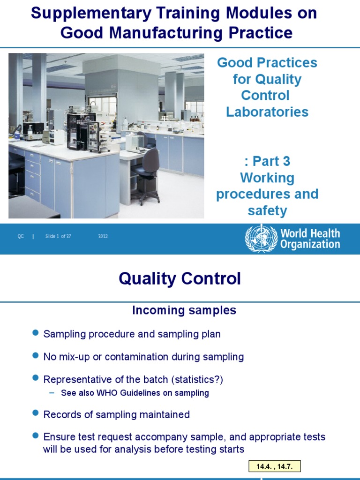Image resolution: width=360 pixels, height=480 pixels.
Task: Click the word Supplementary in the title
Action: point(91,14)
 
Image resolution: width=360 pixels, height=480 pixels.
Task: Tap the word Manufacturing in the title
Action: point(165,32)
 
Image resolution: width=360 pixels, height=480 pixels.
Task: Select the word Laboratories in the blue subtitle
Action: point(267,112)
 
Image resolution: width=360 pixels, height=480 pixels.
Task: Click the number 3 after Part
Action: point(286,161)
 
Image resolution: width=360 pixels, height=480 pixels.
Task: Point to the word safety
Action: point(267,211)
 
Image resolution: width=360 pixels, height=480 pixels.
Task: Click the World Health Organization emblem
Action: point(261,239)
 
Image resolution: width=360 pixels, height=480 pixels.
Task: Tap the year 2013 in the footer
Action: point(103,236)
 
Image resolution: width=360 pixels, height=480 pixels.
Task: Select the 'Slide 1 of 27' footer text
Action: point(58,236)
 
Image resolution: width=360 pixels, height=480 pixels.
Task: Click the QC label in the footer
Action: point(21,236)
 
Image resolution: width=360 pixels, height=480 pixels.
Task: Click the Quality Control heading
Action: point(180,278)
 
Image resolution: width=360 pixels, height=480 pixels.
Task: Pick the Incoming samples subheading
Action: point(184,310)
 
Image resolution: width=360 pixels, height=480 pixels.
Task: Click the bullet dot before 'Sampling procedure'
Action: point(36,332)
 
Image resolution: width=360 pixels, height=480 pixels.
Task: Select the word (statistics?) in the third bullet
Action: point(197,380)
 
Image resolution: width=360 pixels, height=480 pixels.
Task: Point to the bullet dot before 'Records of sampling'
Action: point(36,413)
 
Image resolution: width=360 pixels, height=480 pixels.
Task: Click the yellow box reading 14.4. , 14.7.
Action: point(275,466)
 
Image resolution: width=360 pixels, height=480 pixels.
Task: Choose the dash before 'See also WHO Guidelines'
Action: point(52,393)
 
